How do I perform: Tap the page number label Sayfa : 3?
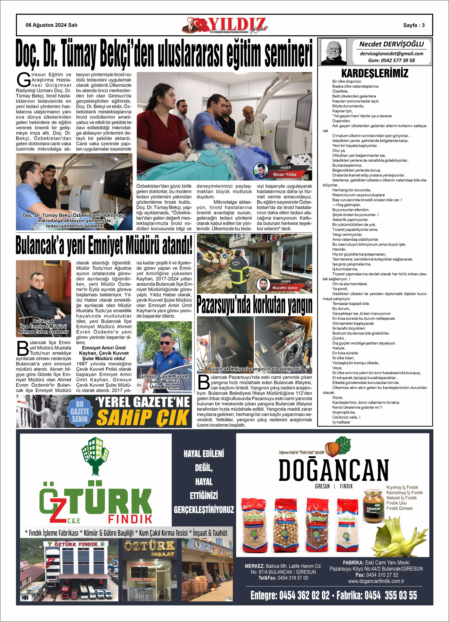[414, 25]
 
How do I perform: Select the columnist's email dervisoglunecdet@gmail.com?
[391, 54]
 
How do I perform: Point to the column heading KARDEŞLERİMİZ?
[375, 73]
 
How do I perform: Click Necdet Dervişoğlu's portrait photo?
[333, 52]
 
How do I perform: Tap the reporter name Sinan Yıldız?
[285, 174]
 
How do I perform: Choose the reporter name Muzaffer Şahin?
[285, 288]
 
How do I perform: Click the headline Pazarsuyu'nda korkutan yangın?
[254, 305]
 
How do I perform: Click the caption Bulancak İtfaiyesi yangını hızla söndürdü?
[254, 369]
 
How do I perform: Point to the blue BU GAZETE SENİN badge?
[80, 412]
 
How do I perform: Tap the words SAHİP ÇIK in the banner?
[143, 418]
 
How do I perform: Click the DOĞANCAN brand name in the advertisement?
[333, 470]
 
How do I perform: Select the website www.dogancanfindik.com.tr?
[376, 581]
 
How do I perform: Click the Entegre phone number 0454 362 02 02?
[304, 595]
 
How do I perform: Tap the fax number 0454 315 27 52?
[382, 575]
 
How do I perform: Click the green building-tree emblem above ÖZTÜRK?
[95, 455]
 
